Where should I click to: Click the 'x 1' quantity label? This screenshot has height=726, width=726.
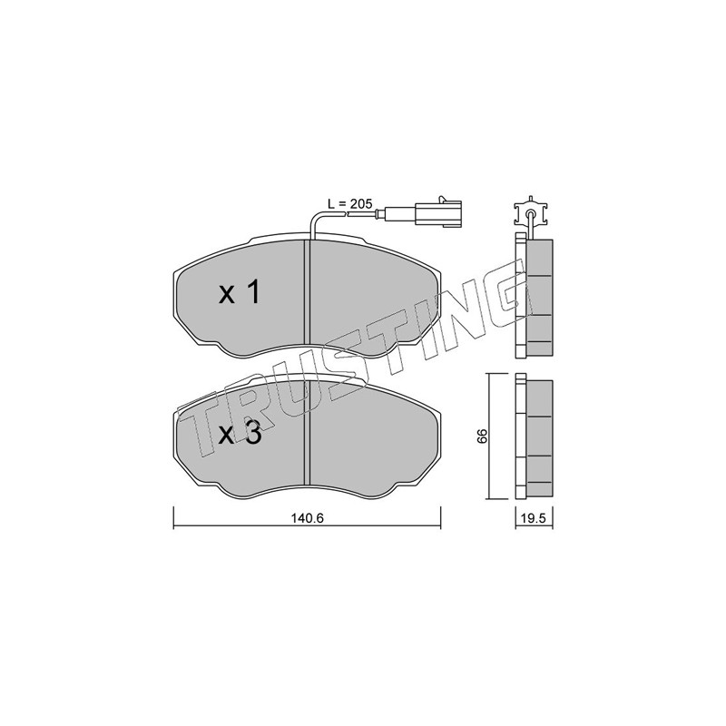pos(239,293)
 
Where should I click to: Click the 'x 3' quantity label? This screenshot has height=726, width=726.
pos(240,434)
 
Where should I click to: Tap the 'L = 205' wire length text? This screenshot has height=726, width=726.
pos(349,203)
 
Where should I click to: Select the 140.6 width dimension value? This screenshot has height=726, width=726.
pos(307,518)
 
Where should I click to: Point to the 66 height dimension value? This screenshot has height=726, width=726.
pos(483,436)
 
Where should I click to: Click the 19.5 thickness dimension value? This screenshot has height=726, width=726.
pos(534,518)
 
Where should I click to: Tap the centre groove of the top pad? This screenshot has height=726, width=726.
pos(306,292)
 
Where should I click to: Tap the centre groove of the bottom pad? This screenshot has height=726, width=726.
pos(306,434)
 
